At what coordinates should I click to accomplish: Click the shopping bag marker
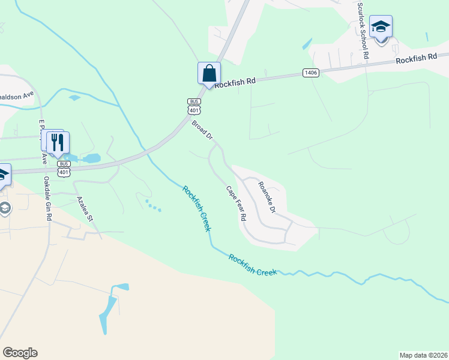click(x=209, y=74)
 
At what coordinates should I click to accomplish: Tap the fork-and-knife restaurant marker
click(x=58, y=142)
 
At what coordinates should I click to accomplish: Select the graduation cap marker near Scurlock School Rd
click(x=381, y=28)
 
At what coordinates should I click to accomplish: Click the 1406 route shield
click(x=310, y=73)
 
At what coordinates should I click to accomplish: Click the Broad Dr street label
click(x=202, y=130)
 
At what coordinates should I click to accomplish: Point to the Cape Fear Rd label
click(x=236, y=204)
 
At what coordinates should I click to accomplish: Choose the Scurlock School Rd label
click(x=363, y=30)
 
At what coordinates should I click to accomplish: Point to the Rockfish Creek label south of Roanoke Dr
click(x=253, y=265)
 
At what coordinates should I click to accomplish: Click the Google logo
click(x=20, y=353)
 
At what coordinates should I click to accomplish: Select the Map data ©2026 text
click(x=423, y=355)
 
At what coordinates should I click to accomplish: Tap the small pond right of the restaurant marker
click(x=91, y=158)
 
